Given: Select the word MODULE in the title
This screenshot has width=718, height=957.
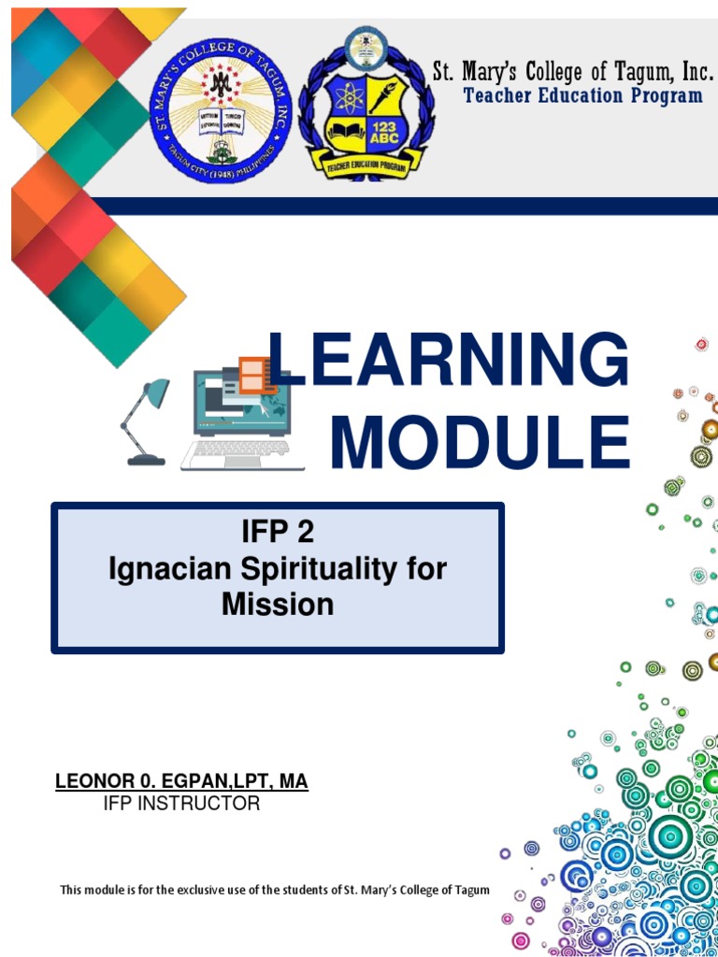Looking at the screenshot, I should point(480,442).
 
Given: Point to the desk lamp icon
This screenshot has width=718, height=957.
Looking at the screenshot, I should point(146,421).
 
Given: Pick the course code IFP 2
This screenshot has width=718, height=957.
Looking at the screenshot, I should point(278,533).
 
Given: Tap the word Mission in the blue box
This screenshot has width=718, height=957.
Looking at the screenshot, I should point(278,604).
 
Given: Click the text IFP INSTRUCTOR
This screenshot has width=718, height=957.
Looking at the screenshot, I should point(181,803).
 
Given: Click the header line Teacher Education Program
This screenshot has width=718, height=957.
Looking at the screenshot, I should point(582,95).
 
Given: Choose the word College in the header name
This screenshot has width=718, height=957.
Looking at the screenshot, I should point(556,70).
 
